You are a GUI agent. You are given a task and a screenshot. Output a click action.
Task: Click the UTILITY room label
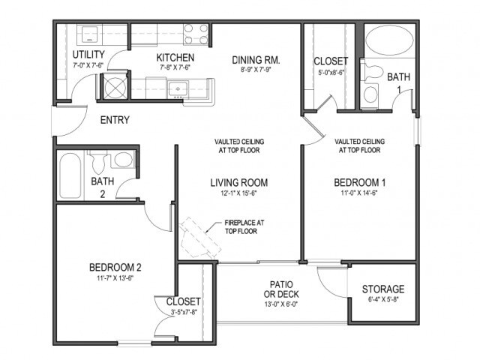(x=88, y=55)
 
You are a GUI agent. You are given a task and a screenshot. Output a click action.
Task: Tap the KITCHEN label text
(x=175, y=58)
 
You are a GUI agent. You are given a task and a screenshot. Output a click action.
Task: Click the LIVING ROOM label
(x=238, y=182)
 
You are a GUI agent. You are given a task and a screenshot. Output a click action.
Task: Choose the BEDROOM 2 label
(x=115, y=268)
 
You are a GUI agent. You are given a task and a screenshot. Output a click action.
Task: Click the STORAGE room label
(x=382, y=289)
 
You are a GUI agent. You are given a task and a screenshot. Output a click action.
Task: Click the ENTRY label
(x=114, y=120)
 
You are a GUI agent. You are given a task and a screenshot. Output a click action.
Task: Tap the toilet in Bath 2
(x=98, y=160)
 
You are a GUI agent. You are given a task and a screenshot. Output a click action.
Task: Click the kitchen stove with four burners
(x=196, y=34)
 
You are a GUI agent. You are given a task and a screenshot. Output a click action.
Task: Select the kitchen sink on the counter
(x=178, y=89)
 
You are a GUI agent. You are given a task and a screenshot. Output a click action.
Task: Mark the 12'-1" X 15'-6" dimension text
(x=238, y=193)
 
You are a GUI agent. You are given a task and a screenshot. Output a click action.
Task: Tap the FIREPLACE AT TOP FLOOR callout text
(x=245, y=227)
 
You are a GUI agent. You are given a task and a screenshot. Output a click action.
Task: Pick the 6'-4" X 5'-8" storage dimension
(x=382, y=300)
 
